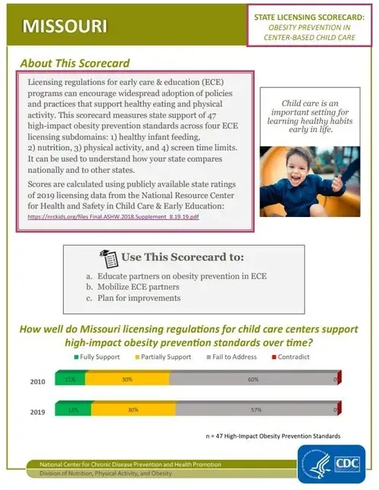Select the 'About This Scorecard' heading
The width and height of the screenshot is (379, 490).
75,63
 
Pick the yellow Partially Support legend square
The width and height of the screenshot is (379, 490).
138,357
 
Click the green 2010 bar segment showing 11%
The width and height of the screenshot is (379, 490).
70,378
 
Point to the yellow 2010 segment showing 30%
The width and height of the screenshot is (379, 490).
127,378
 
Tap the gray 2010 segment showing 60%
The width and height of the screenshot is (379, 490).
252,378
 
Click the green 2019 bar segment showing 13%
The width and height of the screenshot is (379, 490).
73,410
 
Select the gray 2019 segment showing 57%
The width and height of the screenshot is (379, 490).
255,410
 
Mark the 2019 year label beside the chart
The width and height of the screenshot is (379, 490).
38,412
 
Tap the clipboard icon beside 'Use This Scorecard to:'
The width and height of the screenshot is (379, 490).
107,258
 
